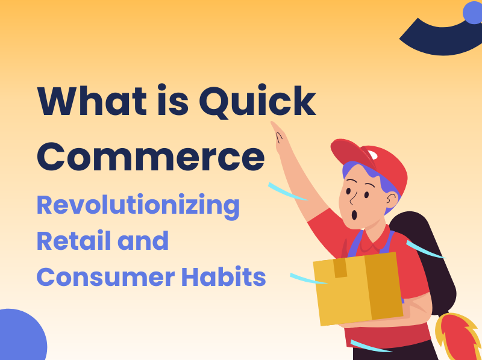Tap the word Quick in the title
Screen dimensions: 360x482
coord(257,102)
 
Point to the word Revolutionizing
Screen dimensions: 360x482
coord(138,205)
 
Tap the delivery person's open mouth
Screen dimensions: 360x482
coord(356,214)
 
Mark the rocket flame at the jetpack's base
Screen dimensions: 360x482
coord(459,337)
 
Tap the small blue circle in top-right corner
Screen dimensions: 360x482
coord(473,12)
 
